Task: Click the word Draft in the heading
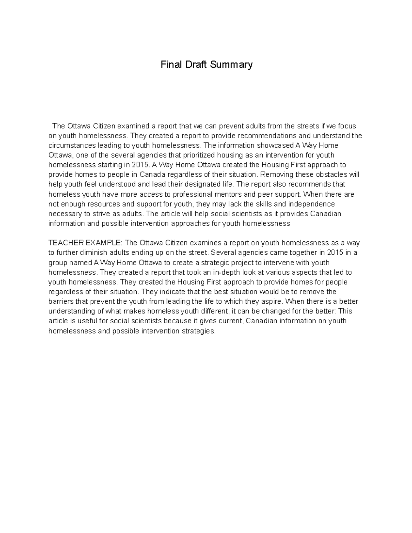click(x=196, y=65)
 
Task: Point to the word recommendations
click(x=268, y=136)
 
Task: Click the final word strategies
click(x=199, y=331)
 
